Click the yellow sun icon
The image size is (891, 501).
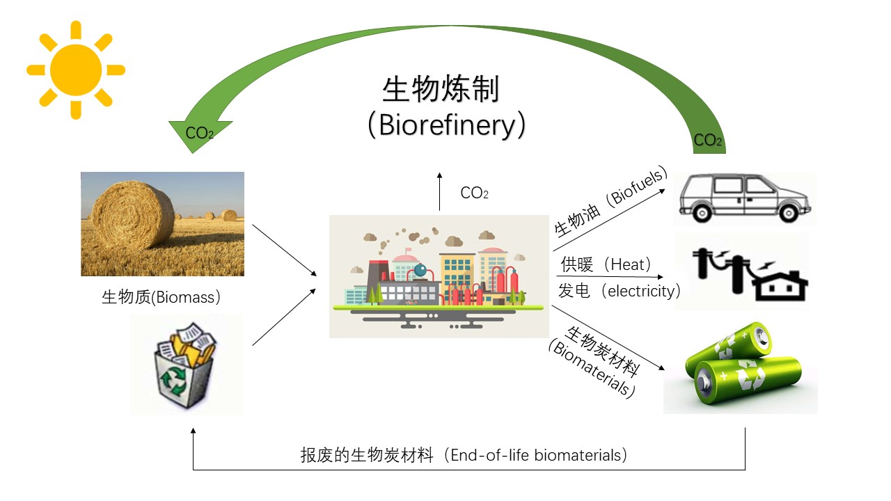(x=76, y=70)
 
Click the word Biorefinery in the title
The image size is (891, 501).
(x=445, y=125)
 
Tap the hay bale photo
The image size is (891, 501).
(x=162, y=223)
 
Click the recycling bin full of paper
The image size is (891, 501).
(x=186, y=364)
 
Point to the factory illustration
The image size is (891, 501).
(x=439, y=276)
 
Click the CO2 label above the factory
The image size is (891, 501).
(x=474, y=193)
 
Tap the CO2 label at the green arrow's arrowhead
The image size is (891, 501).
(x=199, y=133)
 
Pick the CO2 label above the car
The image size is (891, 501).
(x=708, y=141)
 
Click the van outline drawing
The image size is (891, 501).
(x=745, y=198)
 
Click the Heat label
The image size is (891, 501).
(x=606, y=264)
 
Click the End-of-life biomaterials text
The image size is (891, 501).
(x=465, y=456)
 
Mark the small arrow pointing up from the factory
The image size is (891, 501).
(x=439, y=191)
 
